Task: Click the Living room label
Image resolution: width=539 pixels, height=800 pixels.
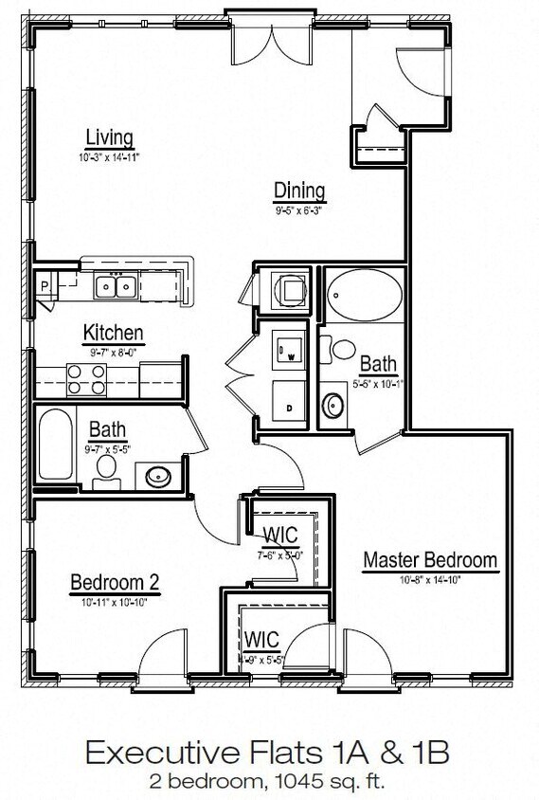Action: (108, 137)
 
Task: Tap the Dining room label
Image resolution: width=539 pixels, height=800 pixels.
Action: (299, 191)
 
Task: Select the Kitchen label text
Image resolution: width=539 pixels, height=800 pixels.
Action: (114, 333)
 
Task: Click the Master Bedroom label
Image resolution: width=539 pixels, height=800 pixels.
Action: (430, 559)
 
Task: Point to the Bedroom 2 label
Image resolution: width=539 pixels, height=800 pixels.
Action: (108, 582)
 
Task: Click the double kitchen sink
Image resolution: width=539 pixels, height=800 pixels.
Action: (117, 284)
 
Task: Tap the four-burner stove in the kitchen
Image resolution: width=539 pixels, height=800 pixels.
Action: (85, 379)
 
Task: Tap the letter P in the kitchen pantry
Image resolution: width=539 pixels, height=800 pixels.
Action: (44, 282)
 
